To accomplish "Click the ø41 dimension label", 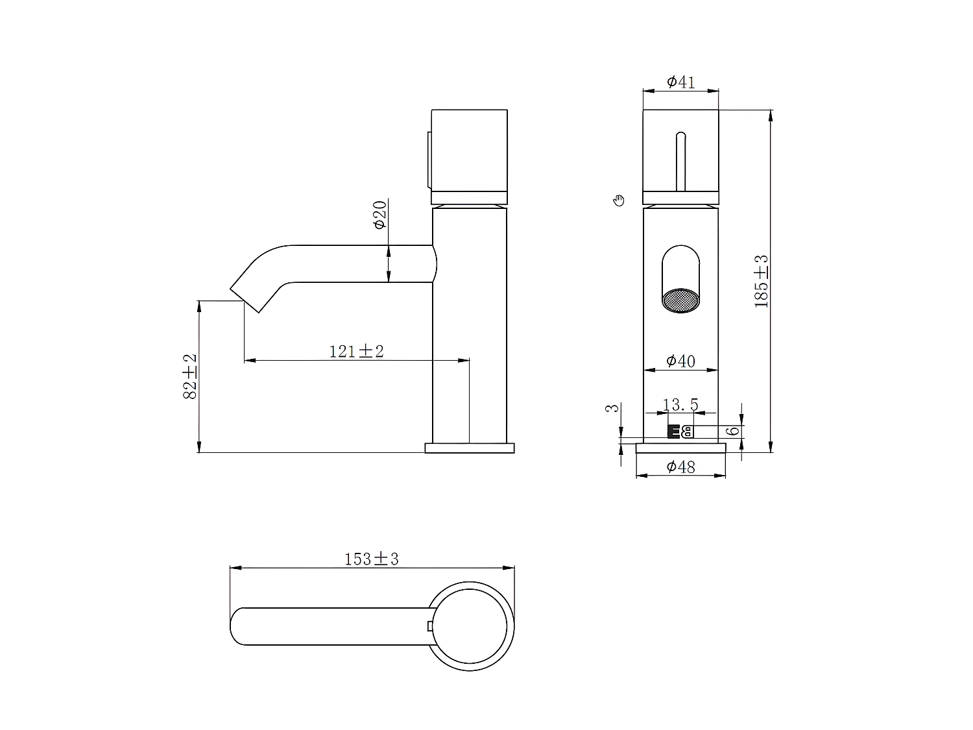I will tap(680, 82).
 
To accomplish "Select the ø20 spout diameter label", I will tap(380, 215).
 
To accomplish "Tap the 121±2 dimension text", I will tap(356, 351).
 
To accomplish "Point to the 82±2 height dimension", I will tap(189, 376).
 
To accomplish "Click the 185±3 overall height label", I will tap(762, 281).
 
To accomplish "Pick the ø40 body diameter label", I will tap(680, 361).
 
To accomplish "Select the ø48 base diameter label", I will tap(680, 466).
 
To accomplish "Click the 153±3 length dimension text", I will tap(371, 559).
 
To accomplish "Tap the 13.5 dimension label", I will tap(680, 406).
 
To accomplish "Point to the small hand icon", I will tap(619, 200).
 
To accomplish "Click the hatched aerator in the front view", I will tap(680, 300).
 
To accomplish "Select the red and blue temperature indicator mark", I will tap(680, 432).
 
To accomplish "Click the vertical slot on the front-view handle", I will tap(680, 161).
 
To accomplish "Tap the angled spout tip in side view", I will tap(246, 297).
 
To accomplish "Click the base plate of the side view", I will tap(469, 448).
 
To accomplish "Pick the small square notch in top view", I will tap(429, 626).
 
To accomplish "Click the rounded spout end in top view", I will tap(237, 626).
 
